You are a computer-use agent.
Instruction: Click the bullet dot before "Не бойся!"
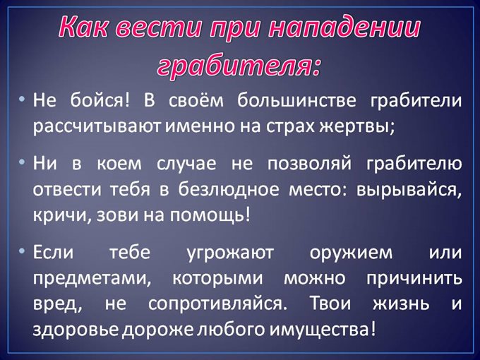(23, 99)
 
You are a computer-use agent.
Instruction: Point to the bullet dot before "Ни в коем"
(23, 164)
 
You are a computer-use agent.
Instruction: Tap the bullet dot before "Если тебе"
(23, 252)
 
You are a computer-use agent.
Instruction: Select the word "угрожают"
(226, 252)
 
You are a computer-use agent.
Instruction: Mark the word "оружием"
(347, 253)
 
